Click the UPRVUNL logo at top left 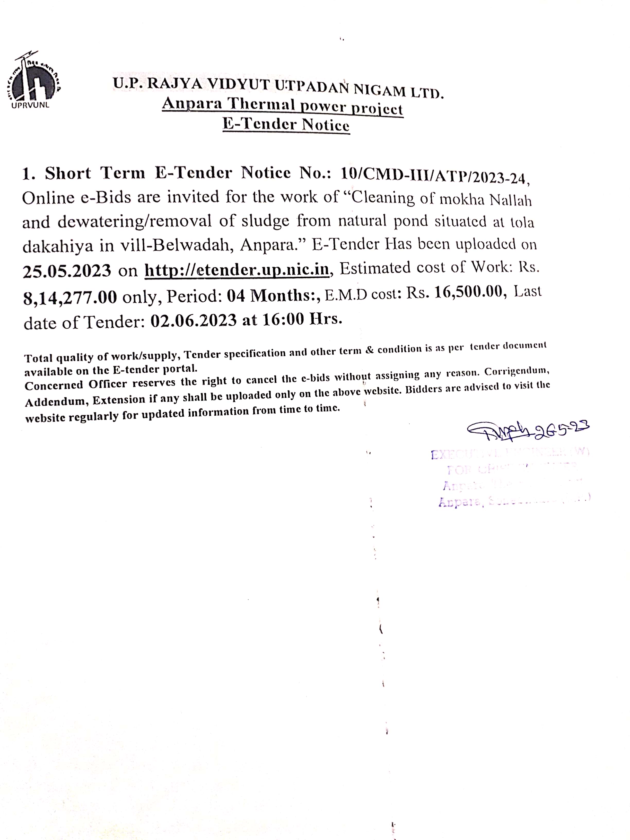[x=33, y=81]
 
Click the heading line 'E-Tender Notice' [x=286, y=125]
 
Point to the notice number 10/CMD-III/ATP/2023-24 [x=433, y=175]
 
